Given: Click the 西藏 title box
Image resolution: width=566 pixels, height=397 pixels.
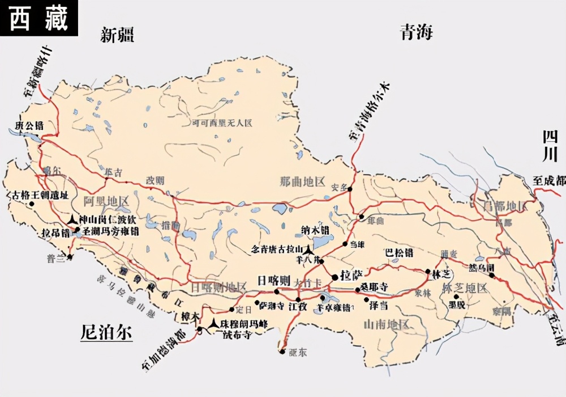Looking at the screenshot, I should (38, 18).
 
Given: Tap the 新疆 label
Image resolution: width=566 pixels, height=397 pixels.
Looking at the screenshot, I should (117, 36).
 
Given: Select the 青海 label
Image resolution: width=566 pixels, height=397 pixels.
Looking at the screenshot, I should (417, 32).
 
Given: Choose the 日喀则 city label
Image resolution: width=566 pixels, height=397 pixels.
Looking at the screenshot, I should (273, 281).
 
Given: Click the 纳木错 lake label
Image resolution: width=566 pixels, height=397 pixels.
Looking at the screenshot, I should (315, 231).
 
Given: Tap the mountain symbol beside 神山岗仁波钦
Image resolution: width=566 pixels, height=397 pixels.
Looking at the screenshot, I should (72, 219).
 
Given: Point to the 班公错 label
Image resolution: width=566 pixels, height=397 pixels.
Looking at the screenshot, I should (29, 125).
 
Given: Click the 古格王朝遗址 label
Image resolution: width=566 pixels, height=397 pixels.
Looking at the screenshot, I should (40, 195).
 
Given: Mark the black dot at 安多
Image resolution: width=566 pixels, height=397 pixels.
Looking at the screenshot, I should (350, 189).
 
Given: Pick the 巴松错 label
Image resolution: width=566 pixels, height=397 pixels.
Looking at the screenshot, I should (398, 252).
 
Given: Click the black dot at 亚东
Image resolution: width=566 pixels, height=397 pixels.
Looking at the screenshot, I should (282, 352).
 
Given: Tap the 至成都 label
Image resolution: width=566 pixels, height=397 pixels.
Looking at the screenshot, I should (548, 181).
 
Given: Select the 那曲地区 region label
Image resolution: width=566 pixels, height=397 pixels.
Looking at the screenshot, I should (303, 182).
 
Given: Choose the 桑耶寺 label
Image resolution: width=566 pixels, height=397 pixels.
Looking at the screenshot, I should (374, 288).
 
